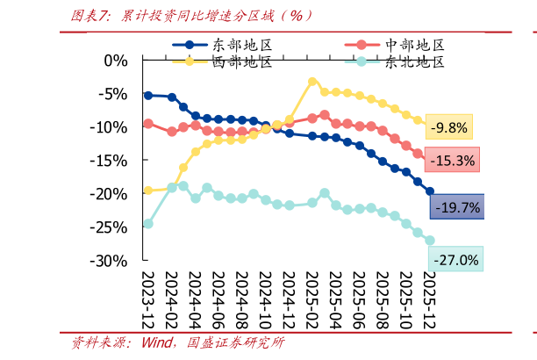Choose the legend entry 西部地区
pos(242,61)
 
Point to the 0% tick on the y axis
pos(116,61)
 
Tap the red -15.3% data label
pos(451,161)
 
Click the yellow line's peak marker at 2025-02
pos(312,82)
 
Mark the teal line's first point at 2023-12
pos(147,223)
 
